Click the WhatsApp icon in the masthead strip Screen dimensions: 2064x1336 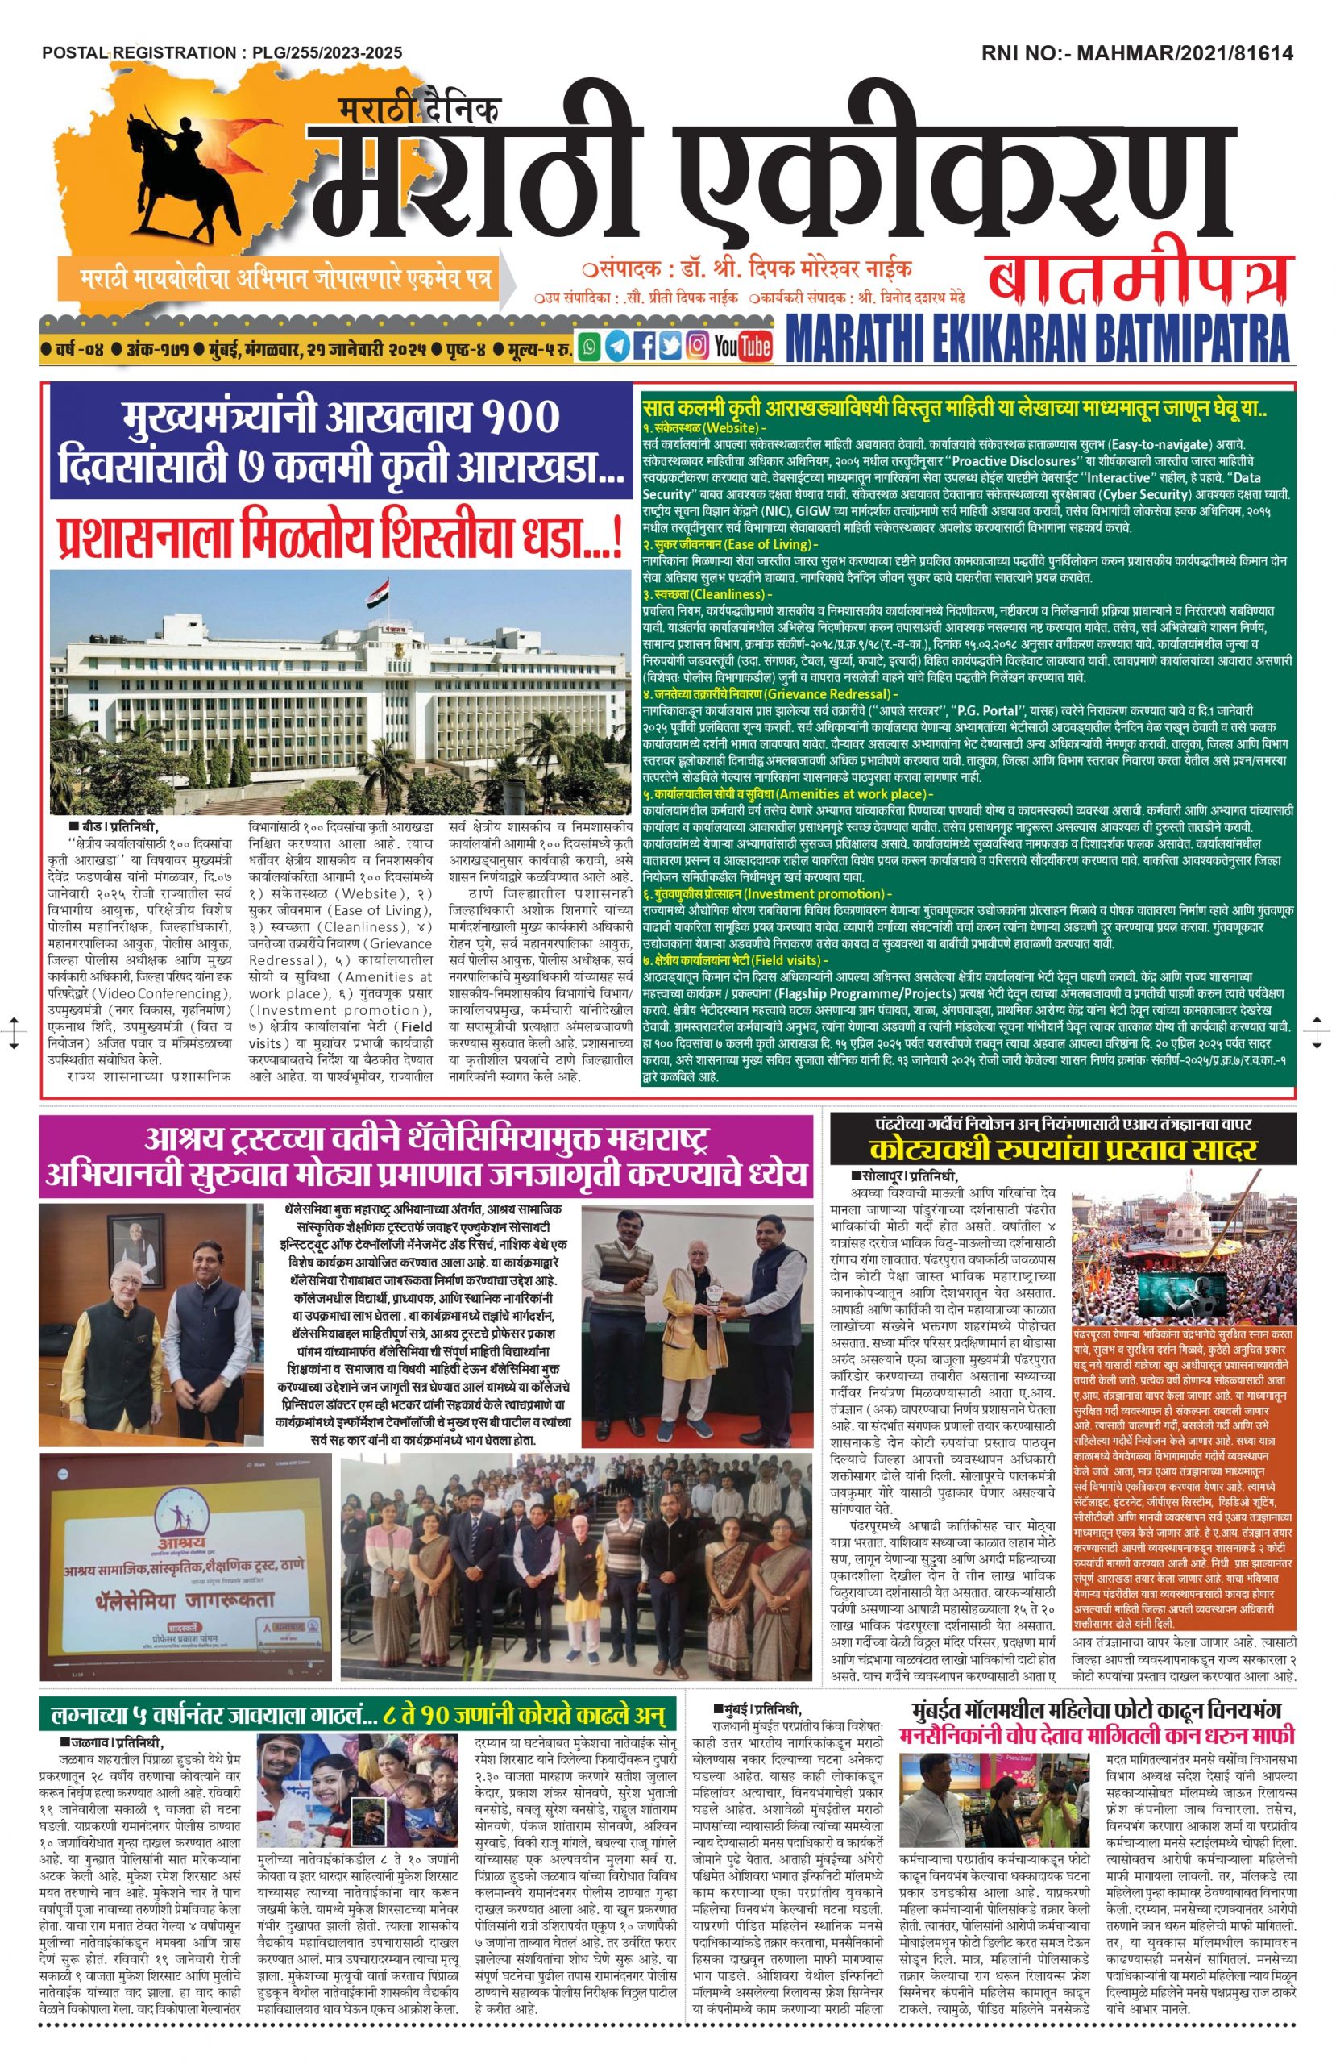coord(590,346)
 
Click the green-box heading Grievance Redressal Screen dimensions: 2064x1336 coord(832,694)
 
